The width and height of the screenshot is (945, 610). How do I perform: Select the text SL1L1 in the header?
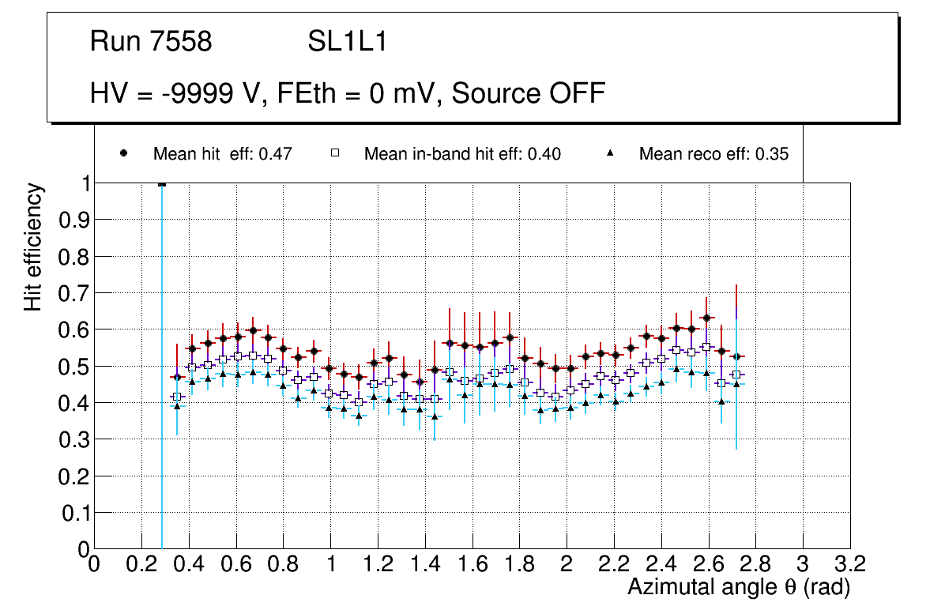click(347, 42)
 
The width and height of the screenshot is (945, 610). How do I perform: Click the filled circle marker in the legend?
click(123, 154)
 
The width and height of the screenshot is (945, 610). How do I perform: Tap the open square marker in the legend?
click(334, 154)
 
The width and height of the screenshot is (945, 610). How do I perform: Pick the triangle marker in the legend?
click(609, 154)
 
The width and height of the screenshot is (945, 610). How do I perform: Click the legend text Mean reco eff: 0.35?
click(713, 154)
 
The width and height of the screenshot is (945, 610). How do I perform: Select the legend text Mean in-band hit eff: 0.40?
click(462, 154)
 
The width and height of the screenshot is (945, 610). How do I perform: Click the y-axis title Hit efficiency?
click(33, 247)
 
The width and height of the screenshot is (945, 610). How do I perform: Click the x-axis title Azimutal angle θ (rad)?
click(739, 588)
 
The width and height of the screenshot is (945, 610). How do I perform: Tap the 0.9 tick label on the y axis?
click(75, 220)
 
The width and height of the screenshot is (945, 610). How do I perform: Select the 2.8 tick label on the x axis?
click(755, 565)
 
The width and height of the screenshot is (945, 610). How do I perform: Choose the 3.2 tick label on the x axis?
click(850, 565)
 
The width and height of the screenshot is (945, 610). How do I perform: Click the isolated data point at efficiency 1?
click(162, 183)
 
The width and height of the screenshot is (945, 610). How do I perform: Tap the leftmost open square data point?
click(176, 397)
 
